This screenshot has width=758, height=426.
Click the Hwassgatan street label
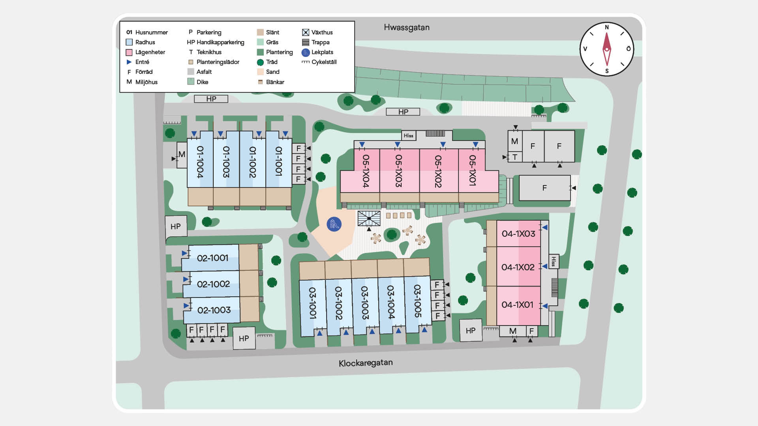[407, 28]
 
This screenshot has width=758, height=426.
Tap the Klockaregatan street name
[365, 363]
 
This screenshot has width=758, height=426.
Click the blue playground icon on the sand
[334, 224]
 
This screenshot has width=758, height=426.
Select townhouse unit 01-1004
[200, 162]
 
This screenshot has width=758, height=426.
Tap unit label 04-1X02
[518, 267]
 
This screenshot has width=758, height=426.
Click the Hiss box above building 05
[408, 135]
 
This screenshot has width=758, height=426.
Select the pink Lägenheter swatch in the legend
[129, 52]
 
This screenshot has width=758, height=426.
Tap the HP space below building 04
[471, 331]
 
